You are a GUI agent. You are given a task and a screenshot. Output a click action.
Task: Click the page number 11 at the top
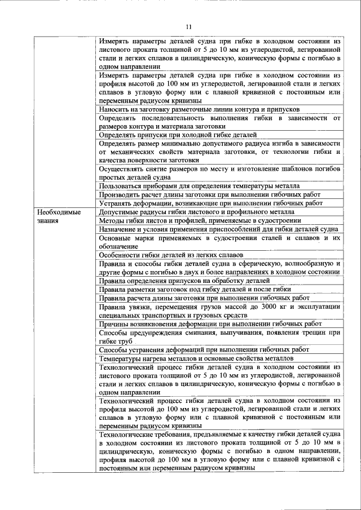click(188, 26)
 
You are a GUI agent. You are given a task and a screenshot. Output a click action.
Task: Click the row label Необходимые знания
click(59, 216)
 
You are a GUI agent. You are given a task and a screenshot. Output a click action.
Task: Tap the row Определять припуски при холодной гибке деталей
click(177, 135)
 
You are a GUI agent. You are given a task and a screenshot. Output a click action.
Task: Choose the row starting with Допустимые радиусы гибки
click(192, 212)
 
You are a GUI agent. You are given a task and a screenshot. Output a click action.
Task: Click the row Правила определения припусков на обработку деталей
click(183, 281)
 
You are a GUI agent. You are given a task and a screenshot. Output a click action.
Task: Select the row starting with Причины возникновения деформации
click(210, 323)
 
